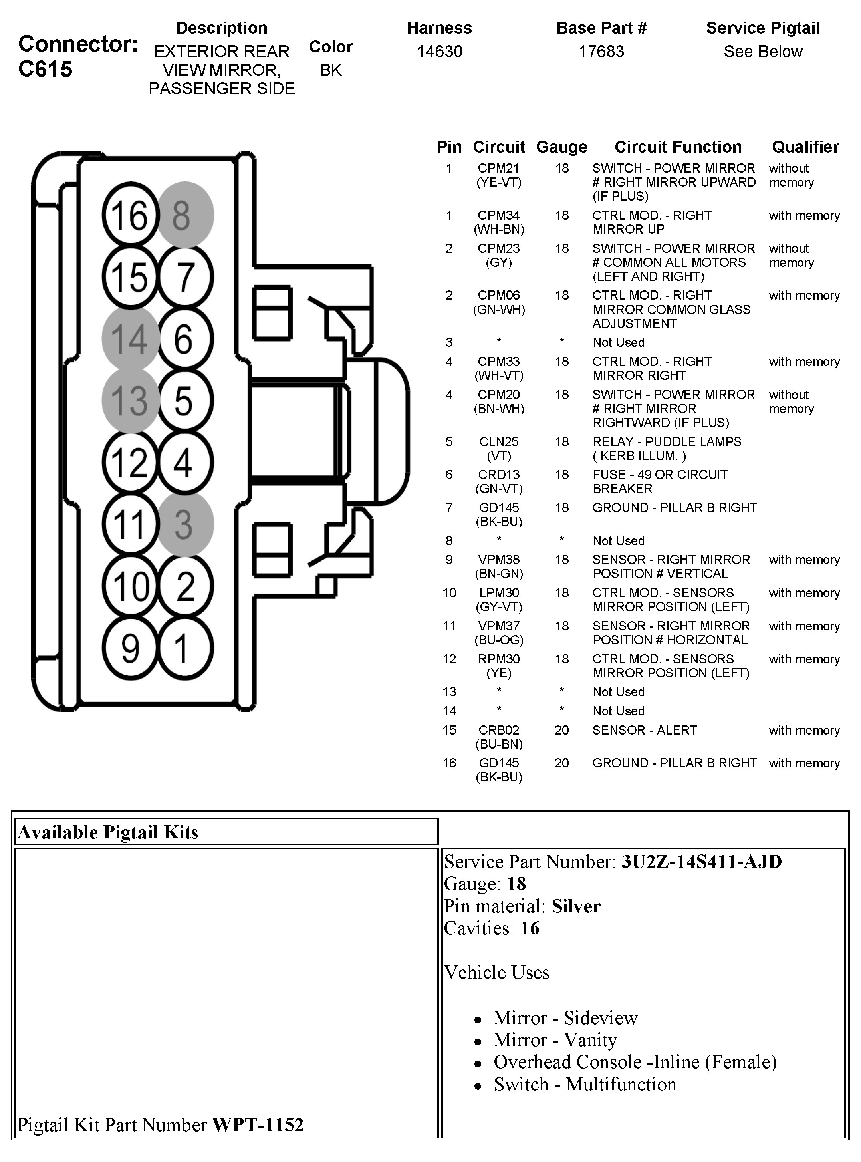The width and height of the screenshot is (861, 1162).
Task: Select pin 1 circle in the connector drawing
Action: (x=185, y=648)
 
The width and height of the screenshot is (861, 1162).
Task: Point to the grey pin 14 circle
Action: (x=130, y=338)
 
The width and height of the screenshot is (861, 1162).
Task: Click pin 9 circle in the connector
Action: (x=130, y=648)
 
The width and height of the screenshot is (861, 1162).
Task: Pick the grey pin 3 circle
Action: (x=185, y=524)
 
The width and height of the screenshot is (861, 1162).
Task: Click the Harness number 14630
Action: (x=439, y=52)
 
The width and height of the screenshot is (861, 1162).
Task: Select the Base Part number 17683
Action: (x=601, y=52)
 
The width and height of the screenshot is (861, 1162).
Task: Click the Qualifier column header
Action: (x=805, y=147)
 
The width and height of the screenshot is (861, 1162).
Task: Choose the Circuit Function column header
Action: (x=678, y=147)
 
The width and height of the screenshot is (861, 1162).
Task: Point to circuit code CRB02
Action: (x=499, y=730)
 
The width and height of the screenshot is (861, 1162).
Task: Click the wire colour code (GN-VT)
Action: (x=499, y=489)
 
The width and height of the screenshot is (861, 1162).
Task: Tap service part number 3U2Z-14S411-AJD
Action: (x=702, y=862)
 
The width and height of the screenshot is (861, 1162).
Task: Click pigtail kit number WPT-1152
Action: (x=258, y=1125)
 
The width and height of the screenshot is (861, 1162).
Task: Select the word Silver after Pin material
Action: (x=576, y=906)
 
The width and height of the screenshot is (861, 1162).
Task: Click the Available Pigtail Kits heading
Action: (x=108, y=832)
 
